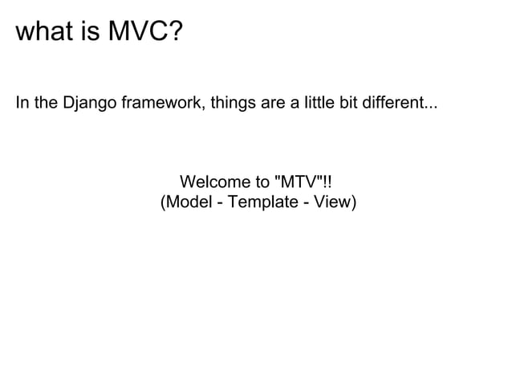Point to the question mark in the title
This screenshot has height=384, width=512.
(x=175, y=33)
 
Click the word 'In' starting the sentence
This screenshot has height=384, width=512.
(x=22, y=104)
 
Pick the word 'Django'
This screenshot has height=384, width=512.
(x=88, y=105)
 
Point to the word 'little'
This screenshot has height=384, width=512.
(x=318, y=104)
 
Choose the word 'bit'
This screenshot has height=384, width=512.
(x=348, y=104)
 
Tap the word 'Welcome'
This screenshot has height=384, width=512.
(x=213, y=182)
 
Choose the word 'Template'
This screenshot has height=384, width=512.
(x=260, y=202)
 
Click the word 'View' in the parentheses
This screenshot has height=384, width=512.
(x=334, y=201)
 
